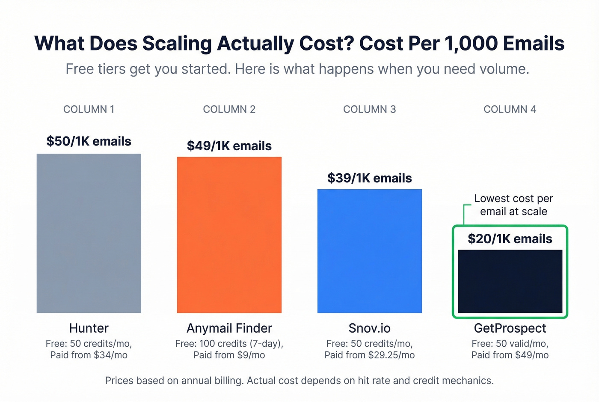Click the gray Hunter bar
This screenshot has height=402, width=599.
(89, 233)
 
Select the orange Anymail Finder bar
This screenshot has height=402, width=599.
(229, 235)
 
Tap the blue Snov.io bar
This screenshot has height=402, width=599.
(369, 251)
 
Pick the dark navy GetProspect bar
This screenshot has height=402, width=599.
(510, 281)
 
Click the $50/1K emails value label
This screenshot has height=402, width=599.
(89, 141)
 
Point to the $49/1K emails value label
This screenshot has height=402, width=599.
(229, 146)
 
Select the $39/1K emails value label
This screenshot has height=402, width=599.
(369, 178)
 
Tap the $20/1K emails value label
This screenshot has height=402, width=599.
(510, 239)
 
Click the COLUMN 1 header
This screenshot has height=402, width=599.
(89, 109)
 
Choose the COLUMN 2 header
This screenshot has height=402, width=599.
(229, 109)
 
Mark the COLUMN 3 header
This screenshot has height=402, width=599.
(369, 109)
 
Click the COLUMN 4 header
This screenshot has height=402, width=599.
(510, 109)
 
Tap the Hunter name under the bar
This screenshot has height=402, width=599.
(89, 328)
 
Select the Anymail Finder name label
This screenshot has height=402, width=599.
(229, 328)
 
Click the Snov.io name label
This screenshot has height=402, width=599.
(369, 328)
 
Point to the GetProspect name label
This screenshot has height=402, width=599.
(510, 328)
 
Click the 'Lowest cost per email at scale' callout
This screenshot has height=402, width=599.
(513, 205)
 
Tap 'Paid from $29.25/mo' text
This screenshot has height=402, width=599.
(369, 355)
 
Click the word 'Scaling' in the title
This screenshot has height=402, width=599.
(177, 44)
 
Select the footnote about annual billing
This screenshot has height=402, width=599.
(299, 381)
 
